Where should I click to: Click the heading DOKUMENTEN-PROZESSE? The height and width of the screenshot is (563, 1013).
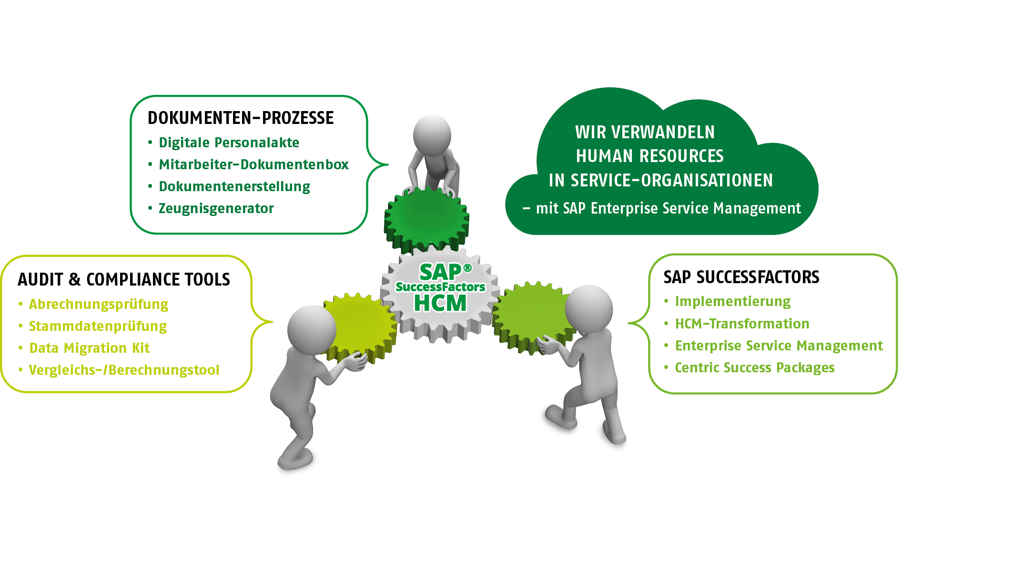pyautogui.click(x=241, y=118)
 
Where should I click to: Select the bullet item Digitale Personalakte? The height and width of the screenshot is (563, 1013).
pyautogui.click(x=229, y=143)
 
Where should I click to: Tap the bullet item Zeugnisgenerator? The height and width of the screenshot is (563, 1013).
pyautogui.click(x=216, y=208)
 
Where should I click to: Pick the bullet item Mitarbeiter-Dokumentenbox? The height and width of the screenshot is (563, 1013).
pyautogui.click(x=253, y=164)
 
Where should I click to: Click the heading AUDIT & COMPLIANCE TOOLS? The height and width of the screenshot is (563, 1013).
pyautogui.click(x=124, y=279)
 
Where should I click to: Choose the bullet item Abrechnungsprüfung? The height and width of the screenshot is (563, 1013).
pyautogui.click(x=99, y=304)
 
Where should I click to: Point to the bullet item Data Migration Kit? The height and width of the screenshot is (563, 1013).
pyautogui.click(x=90, y=348)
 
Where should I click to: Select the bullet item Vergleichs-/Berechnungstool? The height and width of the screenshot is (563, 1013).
pyautogui.click(x=124, y=370)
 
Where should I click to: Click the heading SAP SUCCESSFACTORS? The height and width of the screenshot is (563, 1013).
pyautogui.click(x=741, y=277)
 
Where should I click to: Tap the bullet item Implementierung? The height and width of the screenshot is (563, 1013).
pyautogui.click(x=733, y=301)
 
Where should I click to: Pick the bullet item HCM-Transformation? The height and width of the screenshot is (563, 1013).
pyautogui.click(x=742, y=324)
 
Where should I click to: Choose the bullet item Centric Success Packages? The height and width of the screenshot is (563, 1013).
pyautogui.click(x=755, y=368)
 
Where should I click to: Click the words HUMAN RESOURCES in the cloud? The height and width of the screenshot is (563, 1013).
pyautogui.click(x=649, y=156)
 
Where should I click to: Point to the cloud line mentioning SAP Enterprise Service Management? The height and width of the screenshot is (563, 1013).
pyautogui.click(x=668, y=208)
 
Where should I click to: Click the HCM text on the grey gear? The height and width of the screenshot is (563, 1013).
pyautogui.click(x=440, y=303)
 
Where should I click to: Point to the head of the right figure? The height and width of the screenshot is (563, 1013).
pyautogui.click(x=589, y=308)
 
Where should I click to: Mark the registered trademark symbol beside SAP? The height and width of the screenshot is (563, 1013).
pyautogui.click(x=467, y=268)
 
